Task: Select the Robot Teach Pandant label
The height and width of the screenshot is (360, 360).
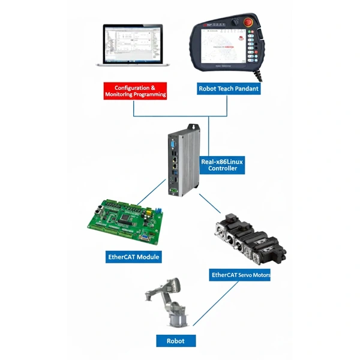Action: coord(229,89)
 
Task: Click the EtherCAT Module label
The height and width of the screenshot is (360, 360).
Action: coord(133,257)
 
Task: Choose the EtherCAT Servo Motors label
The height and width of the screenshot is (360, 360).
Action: coord(240,275)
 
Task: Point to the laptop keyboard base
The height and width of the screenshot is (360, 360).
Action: coord(133,64)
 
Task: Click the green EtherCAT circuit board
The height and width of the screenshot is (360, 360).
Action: coord(127,222)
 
